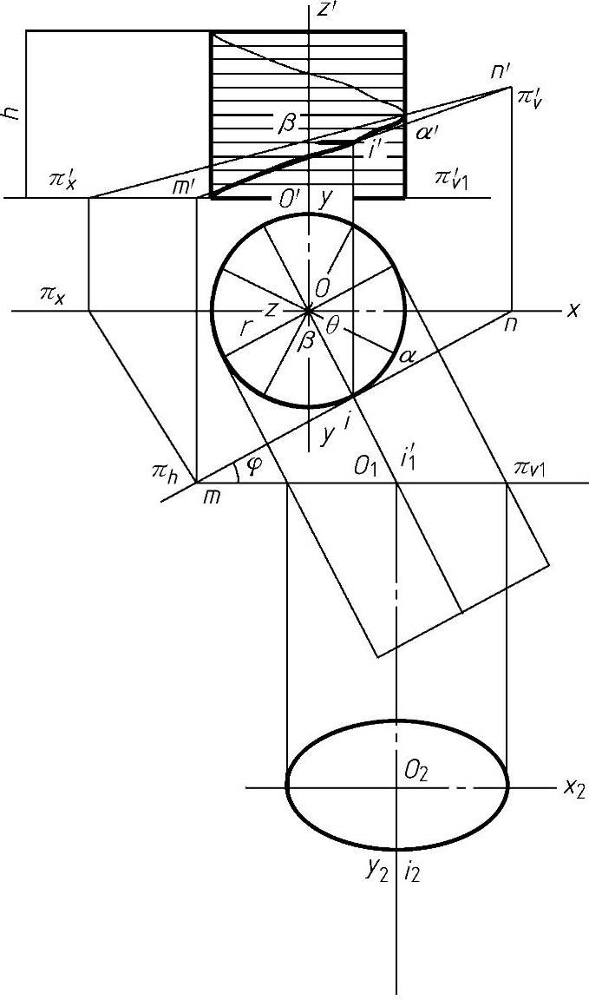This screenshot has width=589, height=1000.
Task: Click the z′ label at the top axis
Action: (x=328, y=10)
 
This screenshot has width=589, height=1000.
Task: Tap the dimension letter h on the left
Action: (x=11, y=114)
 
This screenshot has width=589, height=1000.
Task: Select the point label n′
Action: (x=501, y=70)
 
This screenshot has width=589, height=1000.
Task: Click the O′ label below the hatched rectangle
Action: (x=289, y=199)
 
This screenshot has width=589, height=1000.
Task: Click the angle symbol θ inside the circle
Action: (x=334, y=325)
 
